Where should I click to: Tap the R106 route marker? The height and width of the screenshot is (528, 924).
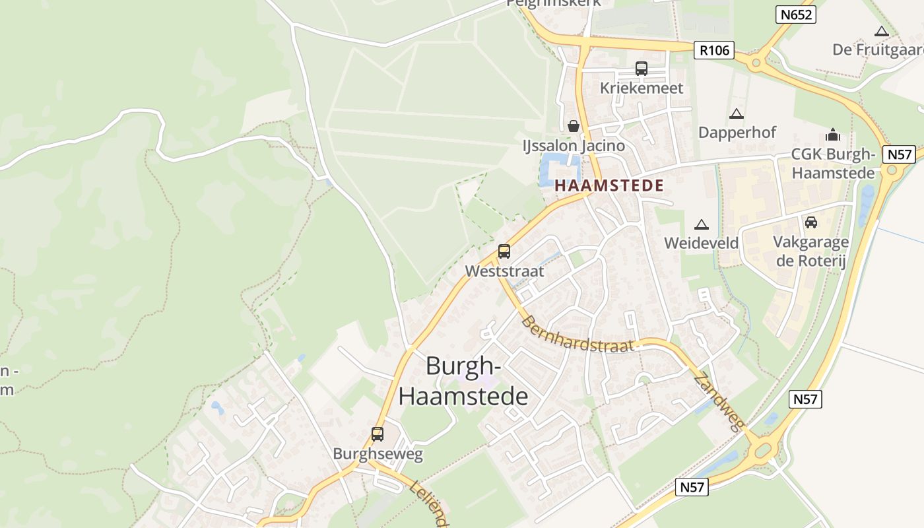[x=713, y=49]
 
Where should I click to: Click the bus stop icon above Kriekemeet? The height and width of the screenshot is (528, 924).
[x=641, y=68]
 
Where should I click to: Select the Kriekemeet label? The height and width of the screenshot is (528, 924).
[x=642, y=88]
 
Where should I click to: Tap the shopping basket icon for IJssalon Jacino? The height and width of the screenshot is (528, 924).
[x=574, y=125]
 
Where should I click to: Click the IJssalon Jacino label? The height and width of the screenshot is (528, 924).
[x=573, y=145]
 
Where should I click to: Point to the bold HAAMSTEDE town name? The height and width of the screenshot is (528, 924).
[x=609, y=186]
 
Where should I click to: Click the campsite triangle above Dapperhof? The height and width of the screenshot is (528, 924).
[x=737, y=114]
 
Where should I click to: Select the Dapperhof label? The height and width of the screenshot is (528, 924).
[x=737, y=132]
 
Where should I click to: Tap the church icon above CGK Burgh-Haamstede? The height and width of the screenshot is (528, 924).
[x=833, y=135]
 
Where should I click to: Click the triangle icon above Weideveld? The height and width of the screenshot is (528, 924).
[x=701, y=224]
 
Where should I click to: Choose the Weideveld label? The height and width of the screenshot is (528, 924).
[x=701, y=243]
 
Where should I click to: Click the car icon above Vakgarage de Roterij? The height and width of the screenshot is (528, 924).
[x=811, y=222]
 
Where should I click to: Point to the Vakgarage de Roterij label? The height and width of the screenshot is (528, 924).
[x=811, y=251]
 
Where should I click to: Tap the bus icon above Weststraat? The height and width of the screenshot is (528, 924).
[x=504, y=251]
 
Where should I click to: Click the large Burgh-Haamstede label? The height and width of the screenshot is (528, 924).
[x=463, y=381]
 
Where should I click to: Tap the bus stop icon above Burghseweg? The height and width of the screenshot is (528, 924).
[x=378, y=434]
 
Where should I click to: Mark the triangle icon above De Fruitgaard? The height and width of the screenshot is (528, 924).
[x=881, y=31]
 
